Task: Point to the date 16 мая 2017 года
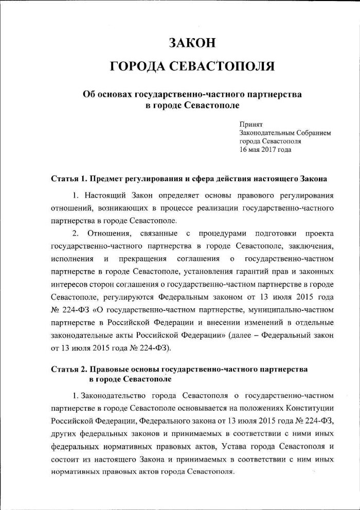(x=265, y=150)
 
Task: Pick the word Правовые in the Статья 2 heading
(x=106, y=370)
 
